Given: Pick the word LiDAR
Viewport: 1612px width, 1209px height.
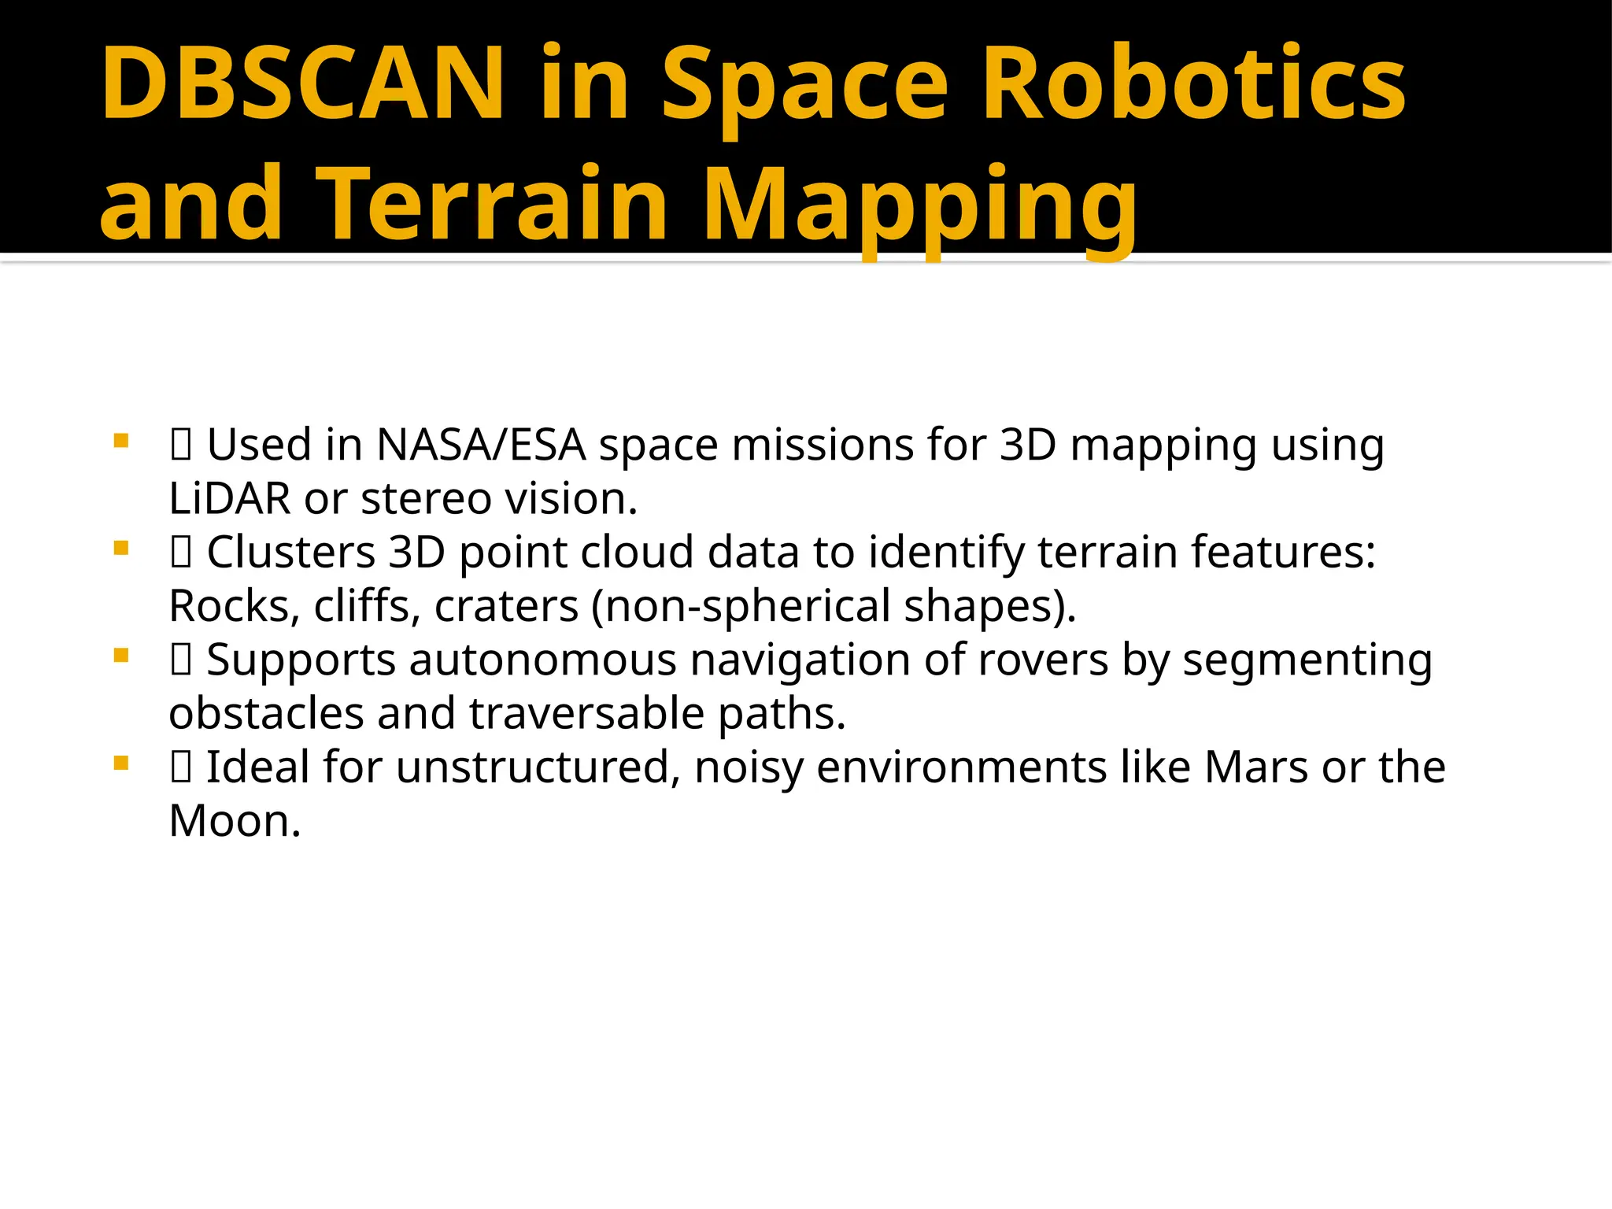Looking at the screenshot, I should (229, 498).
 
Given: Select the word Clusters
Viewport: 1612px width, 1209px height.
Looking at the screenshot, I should (290, 552).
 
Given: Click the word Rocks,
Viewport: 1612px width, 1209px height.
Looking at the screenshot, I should (235, 607).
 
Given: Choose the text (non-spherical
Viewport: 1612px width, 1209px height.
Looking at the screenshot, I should (740, 607).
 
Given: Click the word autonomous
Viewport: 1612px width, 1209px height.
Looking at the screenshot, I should (542, 660).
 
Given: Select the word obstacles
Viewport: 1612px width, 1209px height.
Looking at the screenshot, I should (266, 713).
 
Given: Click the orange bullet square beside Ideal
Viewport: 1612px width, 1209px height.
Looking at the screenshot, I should (120, 762).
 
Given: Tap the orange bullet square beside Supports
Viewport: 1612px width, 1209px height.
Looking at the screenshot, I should (120, 655).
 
